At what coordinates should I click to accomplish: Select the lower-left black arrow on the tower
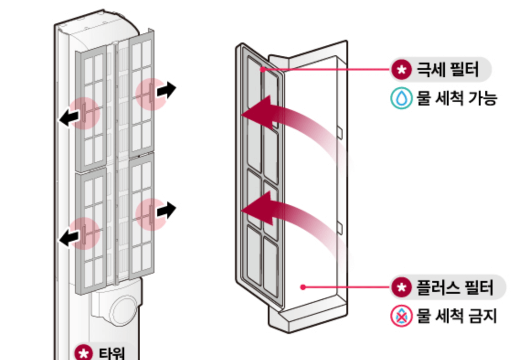pyautogui.click(x=69, y=238)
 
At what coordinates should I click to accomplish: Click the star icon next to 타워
pyautogui.click(x=82, y=353)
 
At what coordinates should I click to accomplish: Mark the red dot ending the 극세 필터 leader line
pyautogui.click(x=263, y=69)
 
